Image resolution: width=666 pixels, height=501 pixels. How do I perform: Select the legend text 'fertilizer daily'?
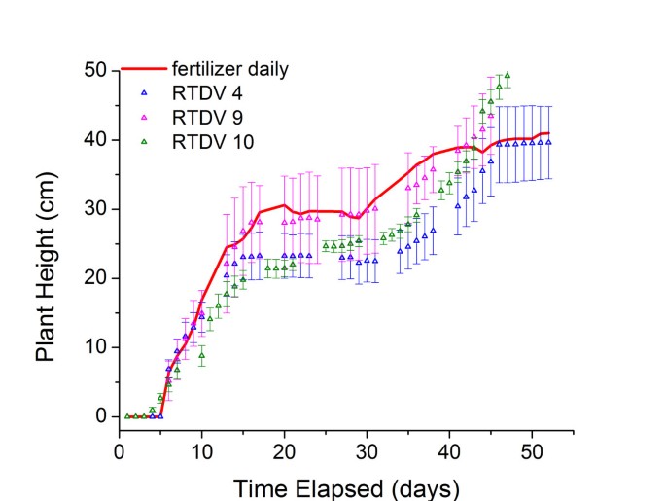229,70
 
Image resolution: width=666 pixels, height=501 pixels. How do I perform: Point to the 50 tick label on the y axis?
94,71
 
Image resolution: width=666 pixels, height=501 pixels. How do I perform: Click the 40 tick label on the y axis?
94,140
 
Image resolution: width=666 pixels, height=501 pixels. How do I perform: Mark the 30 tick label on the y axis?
94,209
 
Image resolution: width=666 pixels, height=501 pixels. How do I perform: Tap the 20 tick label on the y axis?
94,278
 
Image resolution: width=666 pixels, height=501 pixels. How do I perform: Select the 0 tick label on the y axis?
100,416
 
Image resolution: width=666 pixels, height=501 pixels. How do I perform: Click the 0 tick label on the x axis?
119,451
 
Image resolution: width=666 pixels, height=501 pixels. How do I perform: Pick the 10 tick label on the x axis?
201,451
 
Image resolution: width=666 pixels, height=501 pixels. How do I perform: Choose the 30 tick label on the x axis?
367,451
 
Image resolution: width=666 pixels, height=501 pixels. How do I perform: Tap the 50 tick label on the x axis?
532,451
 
